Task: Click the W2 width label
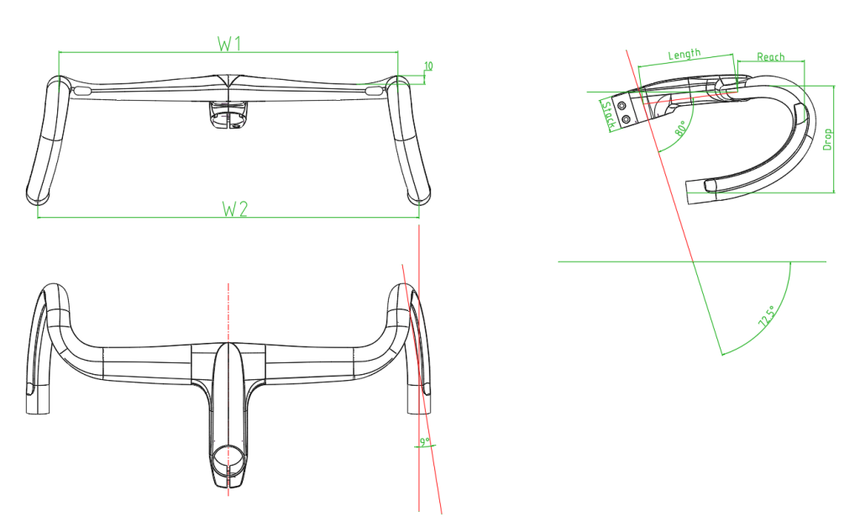(x=234, y=208)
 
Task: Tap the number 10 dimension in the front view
(x=428, y=66)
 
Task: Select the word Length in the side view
(x=684, y=55)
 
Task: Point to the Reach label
(x=770, y=57)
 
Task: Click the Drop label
(x=827, y=139)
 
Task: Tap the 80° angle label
(x=680, y=129)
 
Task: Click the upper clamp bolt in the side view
(x=621, y=107)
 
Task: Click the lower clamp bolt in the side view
(x=627, y=120)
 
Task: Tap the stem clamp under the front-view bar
(x=228, y=114)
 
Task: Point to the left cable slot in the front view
(x=82, y=88)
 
